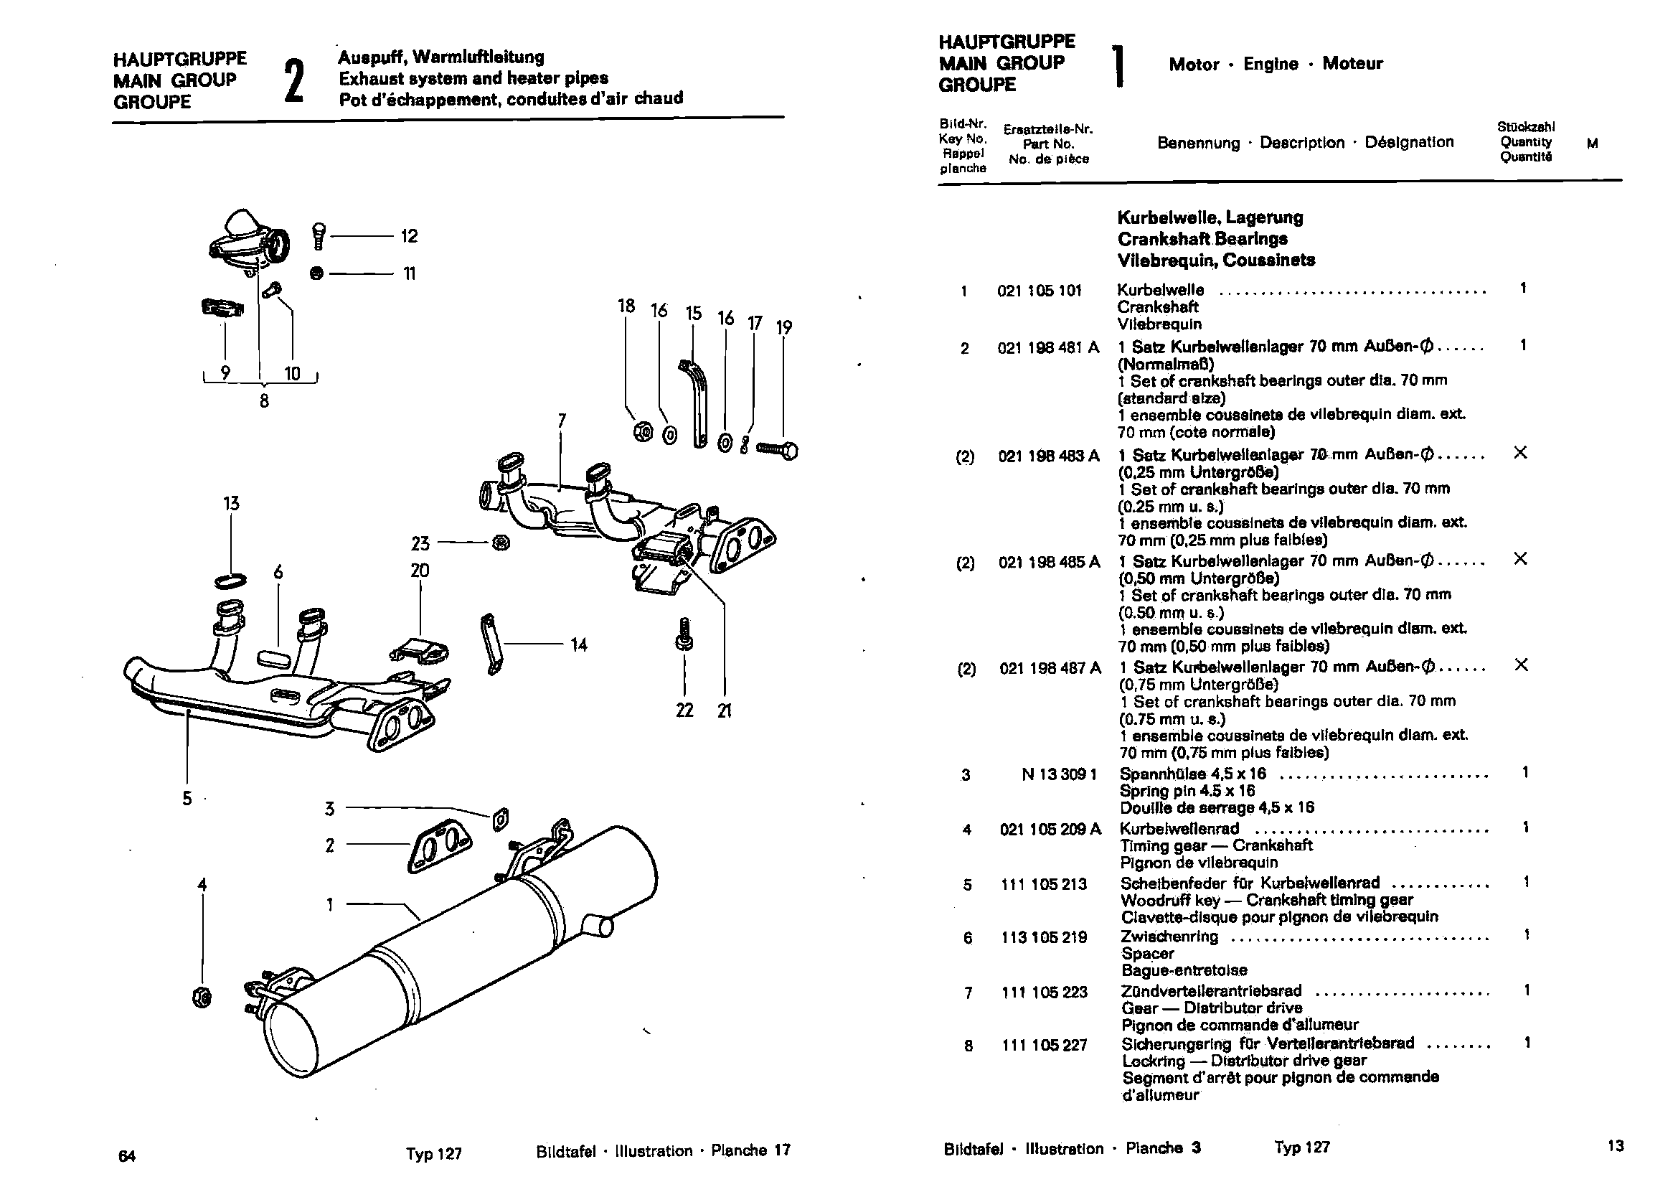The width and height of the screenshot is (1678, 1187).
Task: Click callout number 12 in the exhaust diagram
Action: click(x=409, y=236)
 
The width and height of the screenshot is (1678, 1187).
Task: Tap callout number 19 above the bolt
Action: click(x=783, y=327)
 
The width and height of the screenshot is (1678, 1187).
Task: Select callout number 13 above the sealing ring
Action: click(x=231, y=504)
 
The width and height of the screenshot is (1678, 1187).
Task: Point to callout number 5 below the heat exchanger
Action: click(x=187, y=798)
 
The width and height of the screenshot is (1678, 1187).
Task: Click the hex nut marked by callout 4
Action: click(x=202, y=997)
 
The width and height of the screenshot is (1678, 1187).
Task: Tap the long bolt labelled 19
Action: click(x=776, y=450)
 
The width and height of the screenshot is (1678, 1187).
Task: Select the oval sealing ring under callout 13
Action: click(x=230, y=581)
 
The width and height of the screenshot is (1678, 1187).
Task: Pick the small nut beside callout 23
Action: click(x=501, y=543)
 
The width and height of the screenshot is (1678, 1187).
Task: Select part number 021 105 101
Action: click(x=1039, y=291)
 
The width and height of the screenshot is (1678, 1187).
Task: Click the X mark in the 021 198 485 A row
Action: click(x=1520, y=559)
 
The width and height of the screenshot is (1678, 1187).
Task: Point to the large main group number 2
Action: click(x=293, y=80)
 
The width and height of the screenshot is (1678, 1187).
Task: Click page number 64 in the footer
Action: click(x=127, y=1155)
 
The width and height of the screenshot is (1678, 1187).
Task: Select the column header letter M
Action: click(x=1592, y=144)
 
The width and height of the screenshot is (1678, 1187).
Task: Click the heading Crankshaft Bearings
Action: click(x=1202, y=239)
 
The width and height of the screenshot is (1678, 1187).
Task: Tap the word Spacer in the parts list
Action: click(x=1147, y=954)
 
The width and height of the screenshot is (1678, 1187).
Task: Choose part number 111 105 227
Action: click(x=1045, y=1046)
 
